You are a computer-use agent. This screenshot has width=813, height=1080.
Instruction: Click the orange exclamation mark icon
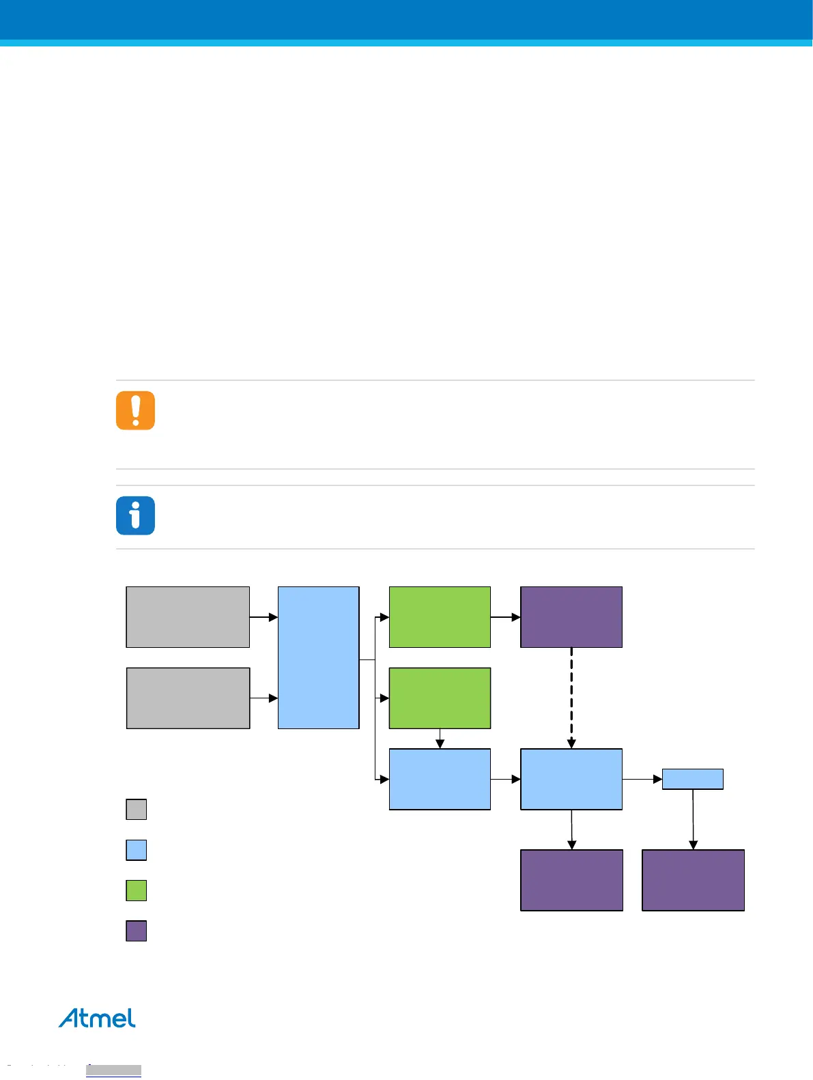click(135, 410)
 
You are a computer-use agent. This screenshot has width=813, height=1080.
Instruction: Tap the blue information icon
click(135, 515)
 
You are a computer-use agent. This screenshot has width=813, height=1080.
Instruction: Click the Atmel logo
click(97, 1018)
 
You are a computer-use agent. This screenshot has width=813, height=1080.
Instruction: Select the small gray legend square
click(137, 809)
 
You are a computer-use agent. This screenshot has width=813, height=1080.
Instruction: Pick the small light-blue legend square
click(137, 850)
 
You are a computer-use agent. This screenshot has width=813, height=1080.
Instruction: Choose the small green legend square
click(137, 890)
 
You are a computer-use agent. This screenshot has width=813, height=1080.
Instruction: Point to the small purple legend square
click(137, 931)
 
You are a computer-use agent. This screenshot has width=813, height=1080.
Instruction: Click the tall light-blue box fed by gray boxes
click(318, 657)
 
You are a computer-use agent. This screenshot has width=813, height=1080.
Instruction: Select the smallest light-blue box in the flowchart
click(692, 779)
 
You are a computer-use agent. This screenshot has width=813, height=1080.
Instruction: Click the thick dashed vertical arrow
click(571, 698)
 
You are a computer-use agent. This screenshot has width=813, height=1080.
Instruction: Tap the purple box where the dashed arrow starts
click(571, 617)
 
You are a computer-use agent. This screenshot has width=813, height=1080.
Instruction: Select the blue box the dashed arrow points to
click(571, 779)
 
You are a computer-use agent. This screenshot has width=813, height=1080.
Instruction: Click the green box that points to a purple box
click(440, 617)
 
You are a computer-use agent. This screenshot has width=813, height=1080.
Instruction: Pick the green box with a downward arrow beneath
click(440, 698)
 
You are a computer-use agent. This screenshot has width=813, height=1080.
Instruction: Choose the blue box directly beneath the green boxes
click(440, 779)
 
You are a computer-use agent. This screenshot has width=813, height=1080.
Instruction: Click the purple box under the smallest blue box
click(693, 880)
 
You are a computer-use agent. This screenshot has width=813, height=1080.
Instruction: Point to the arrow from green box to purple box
click(505, 617)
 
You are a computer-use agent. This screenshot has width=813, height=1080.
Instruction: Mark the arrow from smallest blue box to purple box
click(693, 819)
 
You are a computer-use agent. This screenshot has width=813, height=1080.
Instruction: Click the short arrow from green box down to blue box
click(440, 739)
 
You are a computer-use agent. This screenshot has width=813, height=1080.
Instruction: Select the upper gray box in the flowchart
click(188, 617)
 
